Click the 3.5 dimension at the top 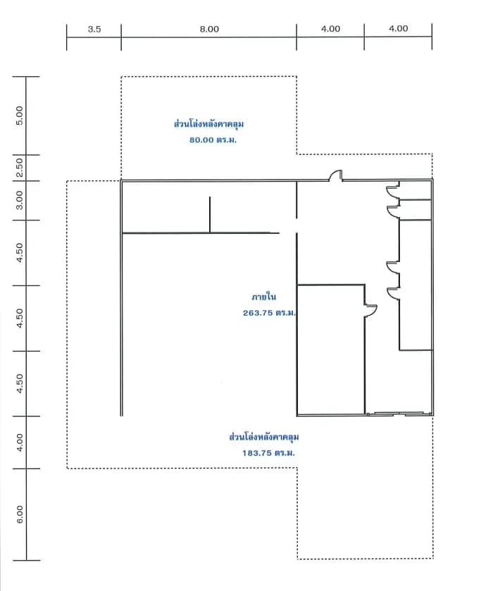click(x=94, y=29)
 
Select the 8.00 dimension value click(x=209, y=29)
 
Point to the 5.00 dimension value click(x=20, y=116)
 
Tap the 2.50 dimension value click(x=20, y=168)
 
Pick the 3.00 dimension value click(x=20, y=200)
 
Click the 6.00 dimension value click(x=20, y=514)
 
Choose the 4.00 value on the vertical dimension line click(x=20, y=442)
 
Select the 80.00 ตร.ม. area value click(x=213, y=140)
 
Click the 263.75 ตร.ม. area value click(x=269, y=313)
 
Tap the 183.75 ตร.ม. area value click(x=268, y=453)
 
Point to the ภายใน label click(x=264, y=297)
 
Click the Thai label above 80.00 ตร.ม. click(x=209, y=124)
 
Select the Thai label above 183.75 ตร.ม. click(x=264, y=437)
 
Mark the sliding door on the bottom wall click(x=399, y=414)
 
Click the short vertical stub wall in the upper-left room click(x=210, y=215)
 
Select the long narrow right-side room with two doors click(x=416, y=285)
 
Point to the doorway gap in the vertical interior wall click(x=296, y=226)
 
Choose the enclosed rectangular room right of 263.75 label click(x=331, y=350)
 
